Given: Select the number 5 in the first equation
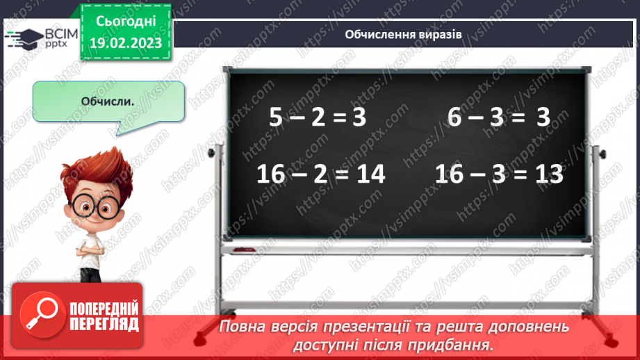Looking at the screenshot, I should pyautogui.click(x=276, y=117).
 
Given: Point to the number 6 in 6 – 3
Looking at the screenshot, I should pyautogui.click(x=454, y=117).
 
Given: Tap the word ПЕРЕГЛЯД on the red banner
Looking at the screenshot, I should pyautogui.click(x=104, y=323).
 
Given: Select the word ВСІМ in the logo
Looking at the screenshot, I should pyautogui.click(x=60, y=33).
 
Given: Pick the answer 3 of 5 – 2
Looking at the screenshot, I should pyautogui.click(x=359, y=117).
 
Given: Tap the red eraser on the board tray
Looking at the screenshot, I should pyautogui.click(x=244, y=248).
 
